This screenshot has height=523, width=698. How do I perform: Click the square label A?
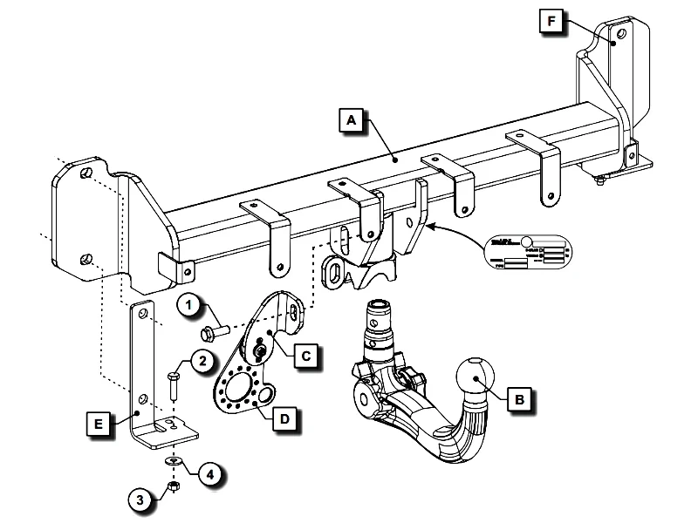click(x=350, y=120)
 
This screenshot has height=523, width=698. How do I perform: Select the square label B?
click(x=520, y=401)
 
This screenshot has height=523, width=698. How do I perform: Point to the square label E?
click(x=101, y=424)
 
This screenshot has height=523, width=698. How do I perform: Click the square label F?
click(x=550, y=19)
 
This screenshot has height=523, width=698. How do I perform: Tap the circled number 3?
click(x=140, y=499)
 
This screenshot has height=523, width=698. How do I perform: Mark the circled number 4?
click(x=209, y=474)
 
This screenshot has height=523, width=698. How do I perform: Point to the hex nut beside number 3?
click(x=173, y=486)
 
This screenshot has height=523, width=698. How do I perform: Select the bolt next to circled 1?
click(x=214, y=332)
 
